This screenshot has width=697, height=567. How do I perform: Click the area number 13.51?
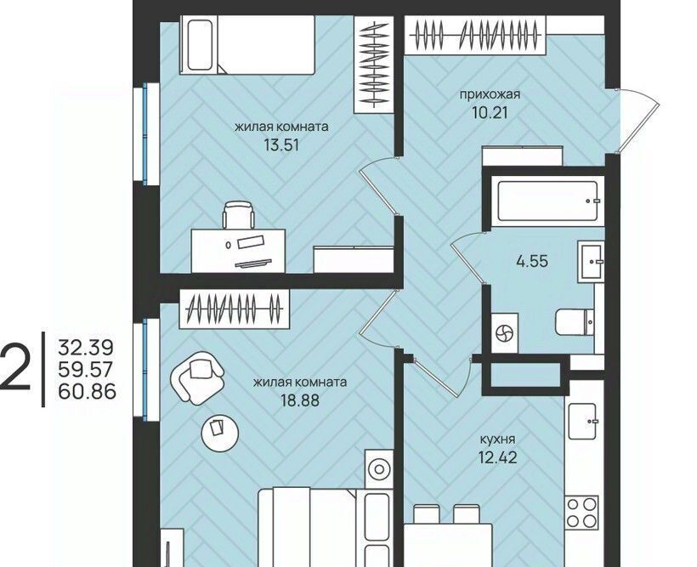pyautogui.click(x=281, y=145)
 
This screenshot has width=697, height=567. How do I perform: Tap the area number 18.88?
pyautogui.click(x=299, y=400)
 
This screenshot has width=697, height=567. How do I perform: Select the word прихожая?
pyautogui.click(x=490, y=94)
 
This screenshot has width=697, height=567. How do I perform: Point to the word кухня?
pyautogui.click(x=498, y=439)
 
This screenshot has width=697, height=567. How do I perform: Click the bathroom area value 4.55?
pyautogui.click(x=532, y=261)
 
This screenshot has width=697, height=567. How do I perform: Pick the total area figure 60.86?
pyautogui.click(x=87, y=392)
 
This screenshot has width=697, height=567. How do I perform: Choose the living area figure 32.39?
pyautogui.click(x=86, y=348)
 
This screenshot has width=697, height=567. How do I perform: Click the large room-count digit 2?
pyautogui.click(x=15, y=369)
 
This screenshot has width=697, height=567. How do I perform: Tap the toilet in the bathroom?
pyautogui.click(x=575, y=321)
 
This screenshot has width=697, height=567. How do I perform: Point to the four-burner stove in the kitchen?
pyautogui.click(x=582, y=513)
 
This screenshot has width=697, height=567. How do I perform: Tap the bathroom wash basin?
pyautogui.click(x=591, y=262)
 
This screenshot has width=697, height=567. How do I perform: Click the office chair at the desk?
pyautogui.click(x=239, y=215)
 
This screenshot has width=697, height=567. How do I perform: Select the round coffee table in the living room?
pyautogui.click(x=220, y=431)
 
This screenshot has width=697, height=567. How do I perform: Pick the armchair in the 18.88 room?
pyautogui.click(x=197, y=377)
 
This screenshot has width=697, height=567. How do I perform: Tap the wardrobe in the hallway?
pyautogui.click(x=475, y=35)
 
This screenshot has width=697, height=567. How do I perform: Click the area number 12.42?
pyautogui.click(x=498, y=457)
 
